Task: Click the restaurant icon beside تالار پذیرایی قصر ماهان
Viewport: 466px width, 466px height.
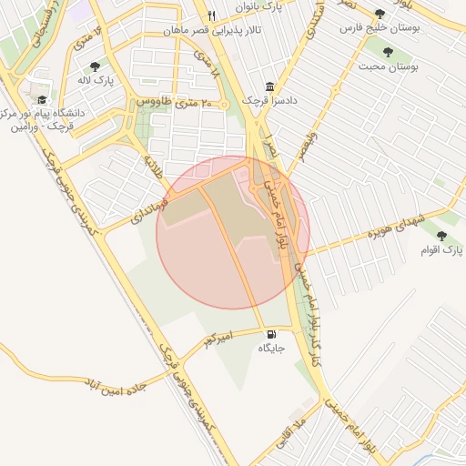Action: pyautogui.click(x=211, y=15)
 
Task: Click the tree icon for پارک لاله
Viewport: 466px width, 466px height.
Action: pyautogui.click(x=95, y=66)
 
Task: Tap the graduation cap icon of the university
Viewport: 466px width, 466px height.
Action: pyautogui.click(x=42, y=99)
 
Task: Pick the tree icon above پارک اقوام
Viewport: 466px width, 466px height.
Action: pyautogui.click(x=441, y=236)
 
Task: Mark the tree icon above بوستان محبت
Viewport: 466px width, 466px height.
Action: pyautogui.click(x=389, y=52)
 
